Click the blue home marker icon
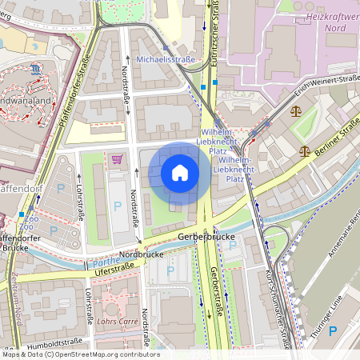(180, 173)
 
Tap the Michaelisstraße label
(166, 59)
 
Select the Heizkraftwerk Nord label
(330, 21)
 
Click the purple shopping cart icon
(118, 158)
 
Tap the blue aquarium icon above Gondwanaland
(36, 70)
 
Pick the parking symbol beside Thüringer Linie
(333, 330)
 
